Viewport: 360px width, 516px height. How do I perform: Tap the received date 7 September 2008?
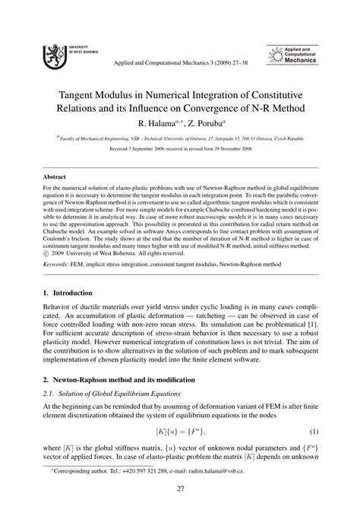[153, 150]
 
